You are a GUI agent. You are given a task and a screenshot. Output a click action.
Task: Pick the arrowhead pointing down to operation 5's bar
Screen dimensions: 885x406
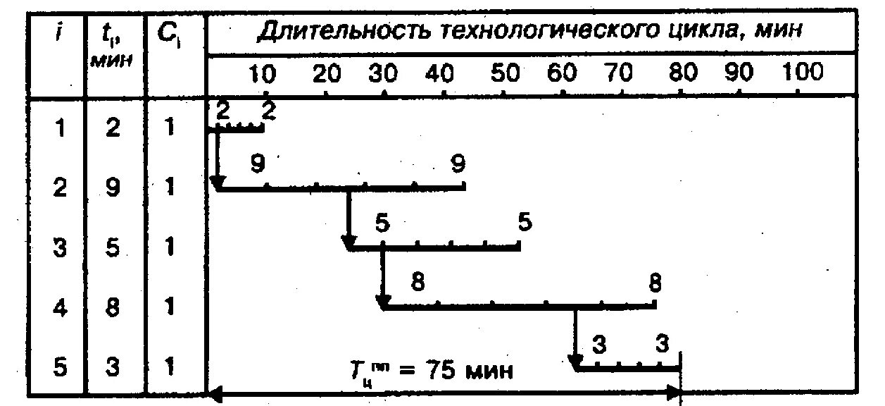575,362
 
